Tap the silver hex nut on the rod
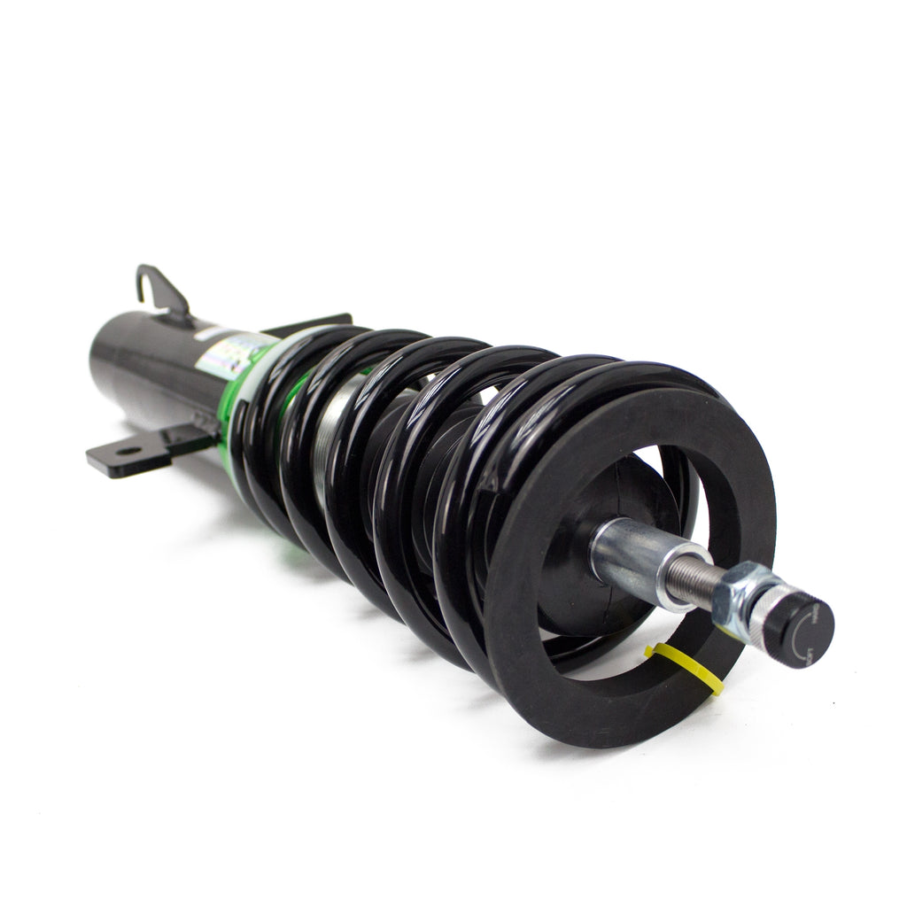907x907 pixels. click(x=742, y=591)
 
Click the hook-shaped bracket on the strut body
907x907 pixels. click(x=159, y=288)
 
